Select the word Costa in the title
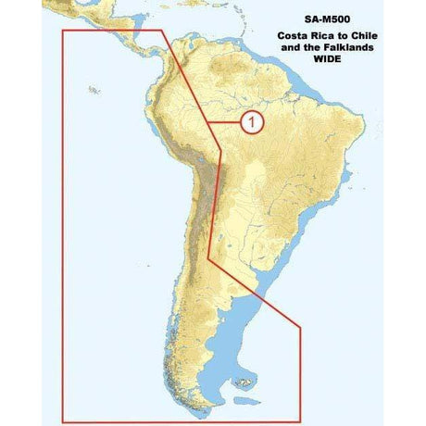click(294, 34)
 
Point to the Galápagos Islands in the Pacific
click(94, 90)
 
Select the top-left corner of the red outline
click(62, 31)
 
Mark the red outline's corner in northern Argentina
click(209, 258)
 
